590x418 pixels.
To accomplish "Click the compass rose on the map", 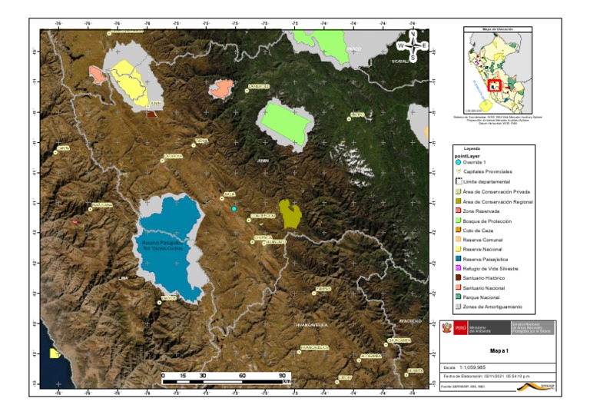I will point(413,45).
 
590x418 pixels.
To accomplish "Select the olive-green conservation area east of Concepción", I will point(290,214).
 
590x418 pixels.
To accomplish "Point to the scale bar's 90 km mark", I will point(282,376).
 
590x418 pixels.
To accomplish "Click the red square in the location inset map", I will point(495,85).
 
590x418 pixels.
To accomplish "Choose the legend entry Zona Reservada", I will point(481,211).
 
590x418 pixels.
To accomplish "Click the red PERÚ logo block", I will point(459,327).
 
